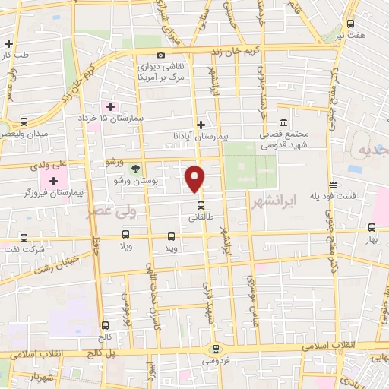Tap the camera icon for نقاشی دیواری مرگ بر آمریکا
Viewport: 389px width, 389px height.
click(x=160, y=55)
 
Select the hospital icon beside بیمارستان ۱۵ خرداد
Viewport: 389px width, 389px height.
click(x=110, y=106)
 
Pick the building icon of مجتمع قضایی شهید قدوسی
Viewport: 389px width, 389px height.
click(x=283, y=123)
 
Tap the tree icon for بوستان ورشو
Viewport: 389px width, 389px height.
click(x=135, y=168)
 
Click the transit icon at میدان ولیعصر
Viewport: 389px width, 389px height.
click(x=24, y=122)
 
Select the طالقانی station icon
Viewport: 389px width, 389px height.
click(x=201, y=204)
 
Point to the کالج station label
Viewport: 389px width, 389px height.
click(x=104, y=336)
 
